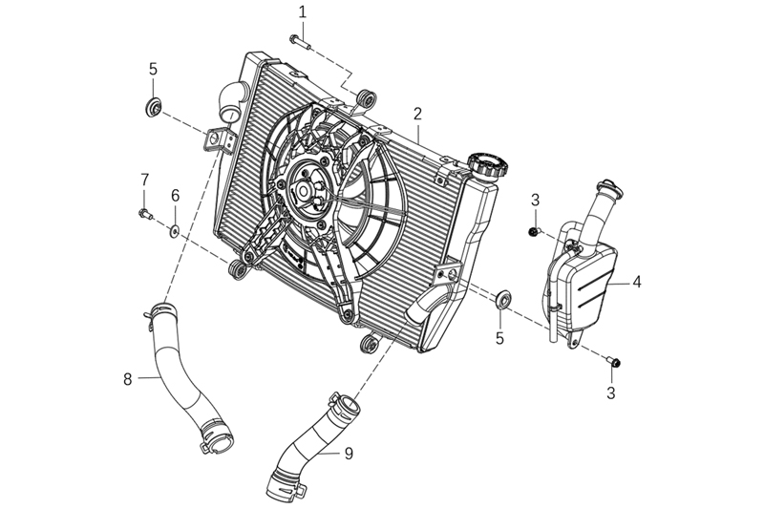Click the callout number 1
pyautogui.click(x=303, y=12)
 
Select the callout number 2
pyautogui.click(x=417, y=113)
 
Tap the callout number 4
pyautogui.click(x=637, y=282)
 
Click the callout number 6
pyautogui.click(x=176, y=195)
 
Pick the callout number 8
pyautogui.click(x=127, y=379)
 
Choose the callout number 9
pyautogui.click(x=349, y=453)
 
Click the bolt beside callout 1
pyautogui.click(x=298, y=40)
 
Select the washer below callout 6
pyautogui.click(x=175, y=230)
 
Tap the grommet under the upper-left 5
pyautogui.click(x=151, y=105)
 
